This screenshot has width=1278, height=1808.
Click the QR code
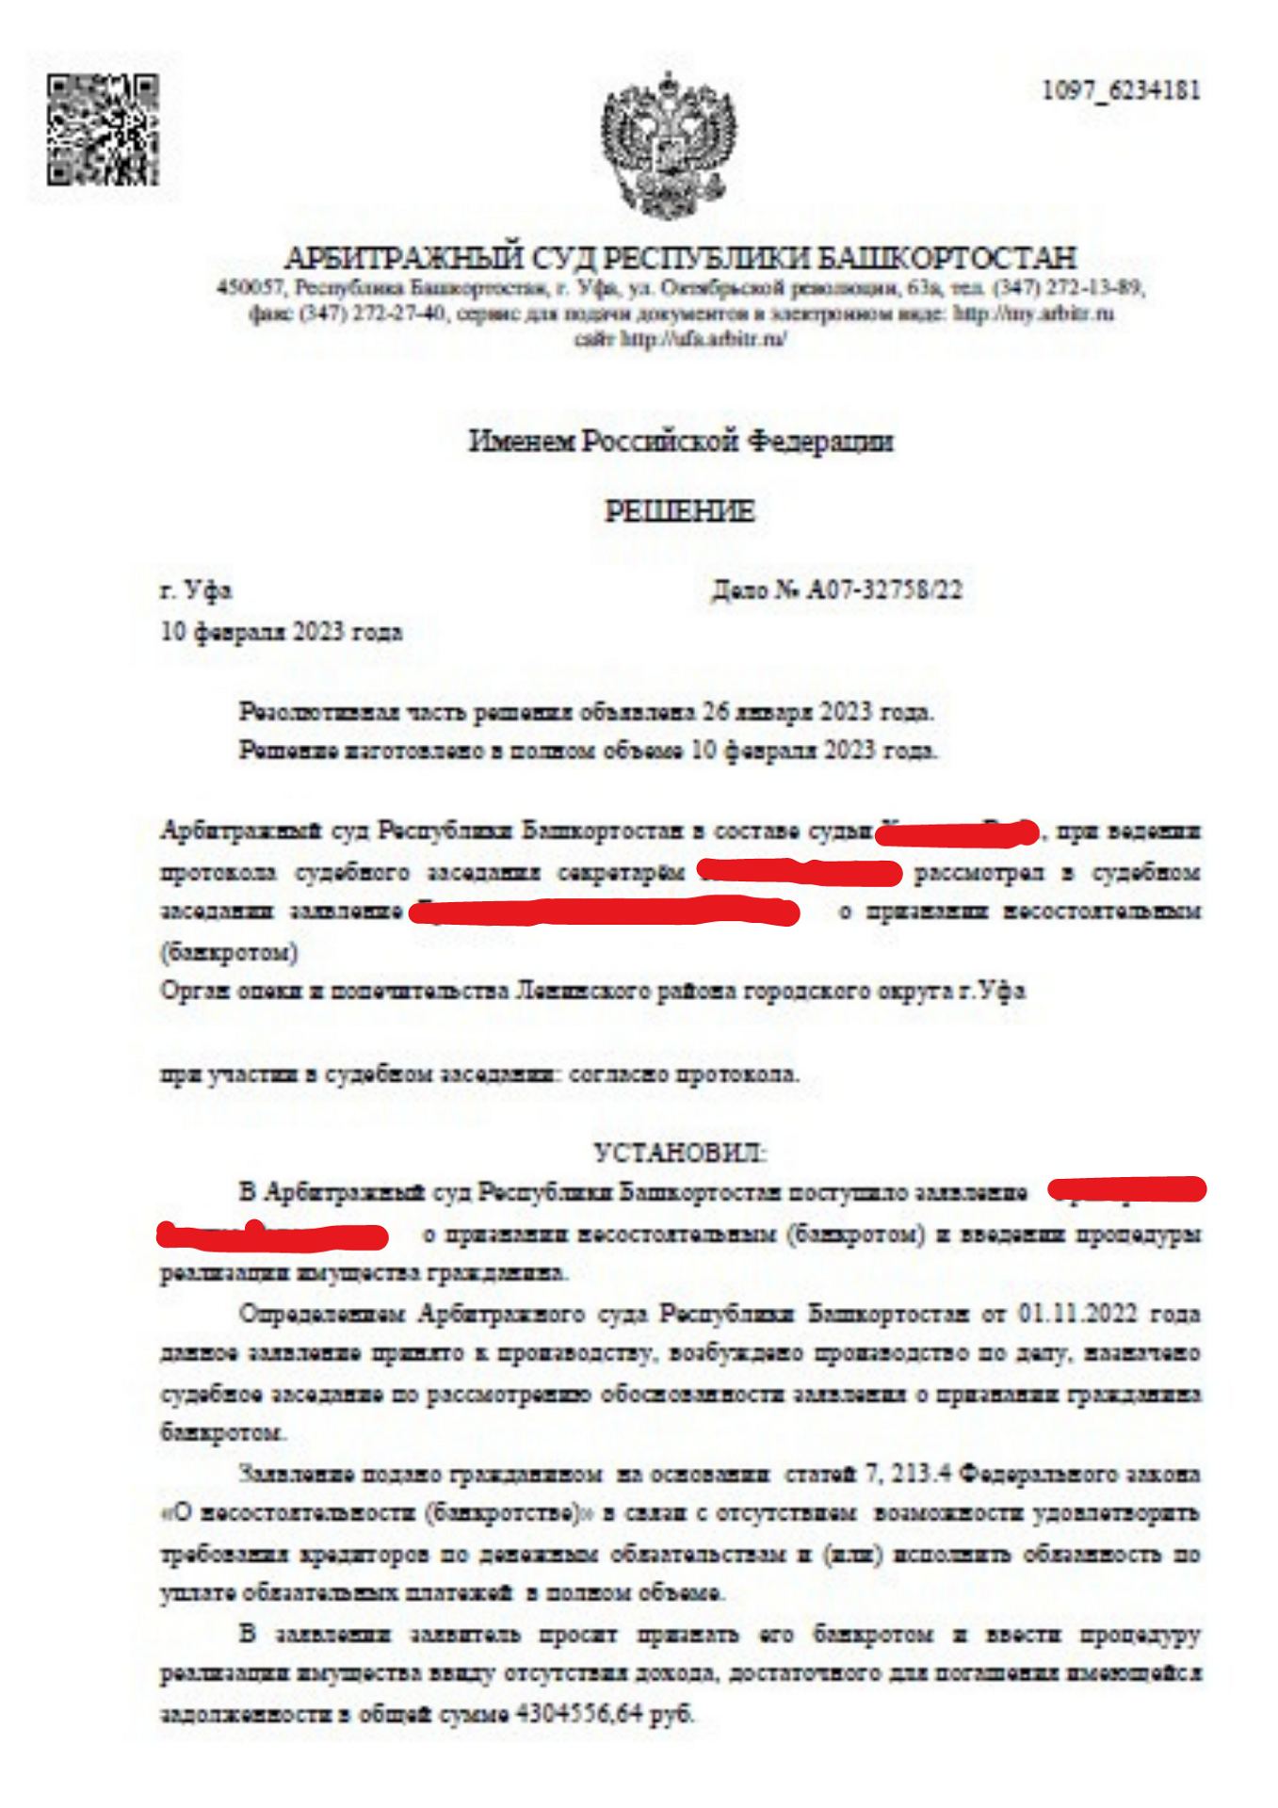coord(103,130)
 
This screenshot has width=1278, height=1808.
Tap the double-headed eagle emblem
coord(669,144)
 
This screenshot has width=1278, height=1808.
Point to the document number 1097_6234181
coord(1121,90)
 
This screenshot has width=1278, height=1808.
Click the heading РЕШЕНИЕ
coord(679,511)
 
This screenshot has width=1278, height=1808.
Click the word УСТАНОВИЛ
coord(679,1153)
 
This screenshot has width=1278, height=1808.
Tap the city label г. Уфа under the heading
coord(196,590)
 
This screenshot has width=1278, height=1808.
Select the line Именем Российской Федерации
coord(680,441)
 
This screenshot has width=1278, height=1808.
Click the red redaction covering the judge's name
coord(956,832)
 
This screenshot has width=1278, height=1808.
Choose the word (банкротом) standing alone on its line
coord(229,952)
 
